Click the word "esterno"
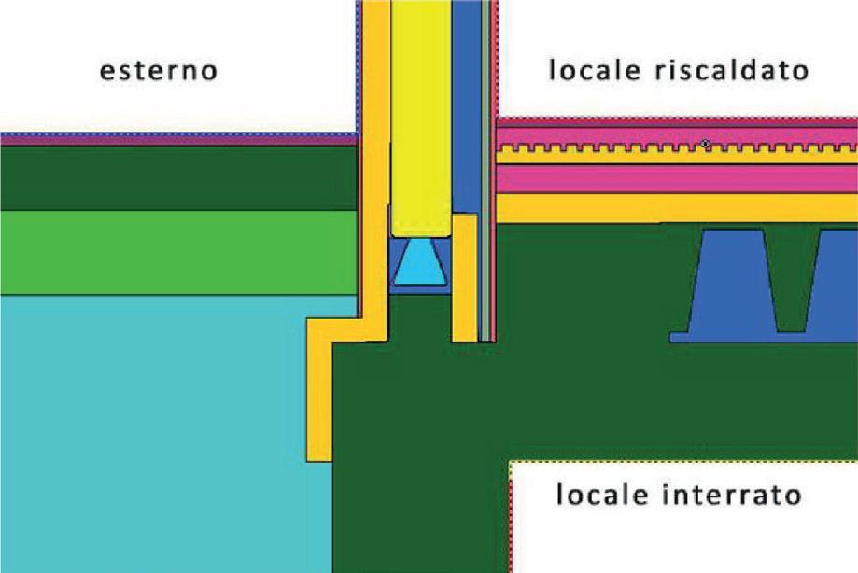point(159,71)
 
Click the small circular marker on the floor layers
point(707,144)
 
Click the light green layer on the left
point(177,252)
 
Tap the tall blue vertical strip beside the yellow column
point(466,103)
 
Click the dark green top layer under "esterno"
point(177,177)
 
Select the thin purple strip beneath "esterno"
point(177,139)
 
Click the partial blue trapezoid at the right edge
point(836,285)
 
